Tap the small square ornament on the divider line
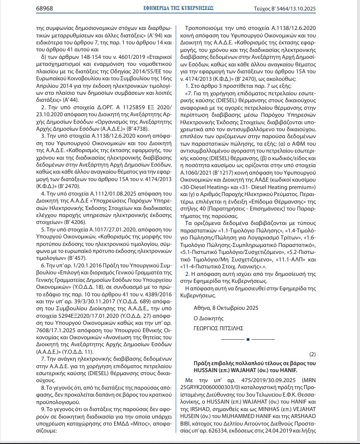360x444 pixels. click(x=247, y=340)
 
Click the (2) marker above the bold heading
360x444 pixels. click(x=313, y=354)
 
